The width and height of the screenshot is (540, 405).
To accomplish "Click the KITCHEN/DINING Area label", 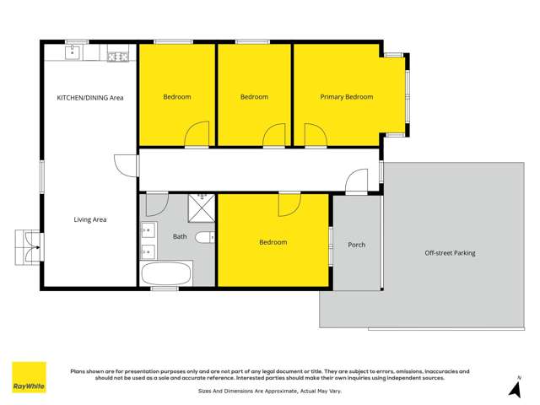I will click(90, 98).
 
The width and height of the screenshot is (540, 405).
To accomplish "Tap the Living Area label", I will click(90, 219).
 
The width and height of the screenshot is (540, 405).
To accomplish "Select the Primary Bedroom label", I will click(346, 97).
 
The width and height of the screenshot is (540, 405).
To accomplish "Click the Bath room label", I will click(180, 237).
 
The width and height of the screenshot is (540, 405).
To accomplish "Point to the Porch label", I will click(357, 245).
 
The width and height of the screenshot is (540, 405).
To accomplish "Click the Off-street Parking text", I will click(450, 252).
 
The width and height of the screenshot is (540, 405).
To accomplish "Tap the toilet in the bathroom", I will click(204, 238).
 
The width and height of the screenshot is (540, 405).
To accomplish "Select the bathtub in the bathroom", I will click(167, 273).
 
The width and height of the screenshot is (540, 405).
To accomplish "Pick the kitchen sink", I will click(73, 56).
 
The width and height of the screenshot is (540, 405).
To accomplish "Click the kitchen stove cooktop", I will click(117, 57).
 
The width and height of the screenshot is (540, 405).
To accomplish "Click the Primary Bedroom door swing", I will click(313, 135).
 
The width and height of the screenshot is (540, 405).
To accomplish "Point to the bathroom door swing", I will click(157, 204).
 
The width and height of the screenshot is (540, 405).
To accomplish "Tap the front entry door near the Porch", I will click(356, 181).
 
